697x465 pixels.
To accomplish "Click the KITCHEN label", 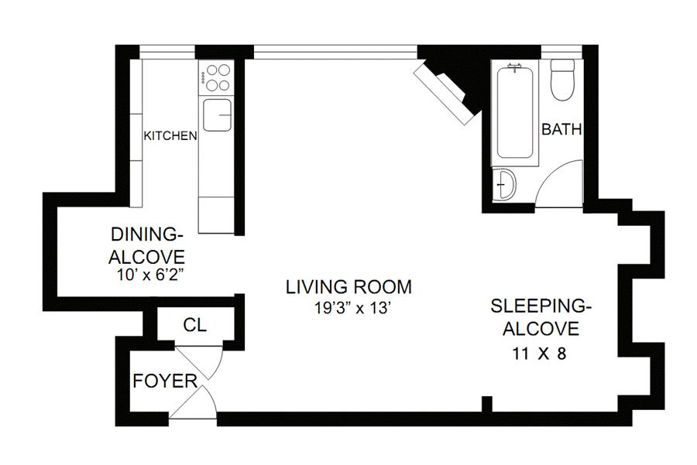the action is click(x=170, y=135).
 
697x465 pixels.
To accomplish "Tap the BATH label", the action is click(x=561, y=129).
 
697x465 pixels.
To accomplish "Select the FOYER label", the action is click(x=165, y=381).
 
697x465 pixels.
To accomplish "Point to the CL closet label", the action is click(x=195, y=325).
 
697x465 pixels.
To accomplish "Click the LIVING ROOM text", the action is click(x=349, y=287).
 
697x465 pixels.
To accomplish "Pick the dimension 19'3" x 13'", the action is click(x=352, y=308).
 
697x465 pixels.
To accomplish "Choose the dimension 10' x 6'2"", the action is click(x=149, y=275).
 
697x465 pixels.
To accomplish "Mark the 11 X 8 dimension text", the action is click(x=539, y=354).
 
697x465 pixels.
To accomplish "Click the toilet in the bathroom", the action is click(x=562, y=80).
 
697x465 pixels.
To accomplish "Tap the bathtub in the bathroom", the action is click(x=515, y=113).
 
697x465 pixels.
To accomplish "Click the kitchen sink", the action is click(x=217, y=115).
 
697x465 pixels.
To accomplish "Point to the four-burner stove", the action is click(x=216, y=77).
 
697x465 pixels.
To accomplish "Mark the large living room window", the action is click(x=335, y=52).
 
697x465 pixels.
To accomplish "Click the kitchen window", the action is click(x=167, y=52).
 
